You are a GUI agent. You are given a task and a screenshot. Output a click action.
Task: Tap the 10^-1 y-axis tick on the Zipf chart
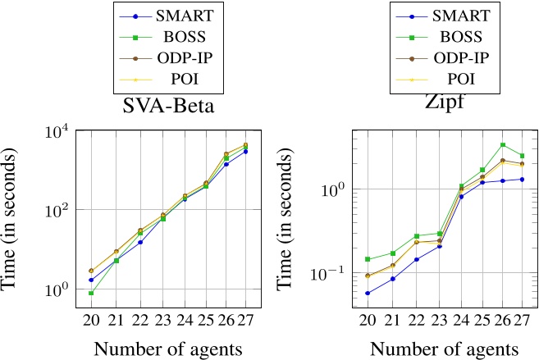pos(327,272)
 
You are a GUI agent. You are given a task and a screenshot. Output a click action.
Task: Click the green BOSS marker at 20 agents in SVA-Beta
pos(90,294)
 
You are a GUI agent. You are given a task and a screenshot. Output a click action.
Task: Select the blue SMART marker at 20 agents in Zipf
pos(368,293)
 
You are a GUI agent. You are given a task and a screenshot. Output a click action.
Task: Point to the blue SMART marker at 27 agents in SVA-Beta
pos(245,152)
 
